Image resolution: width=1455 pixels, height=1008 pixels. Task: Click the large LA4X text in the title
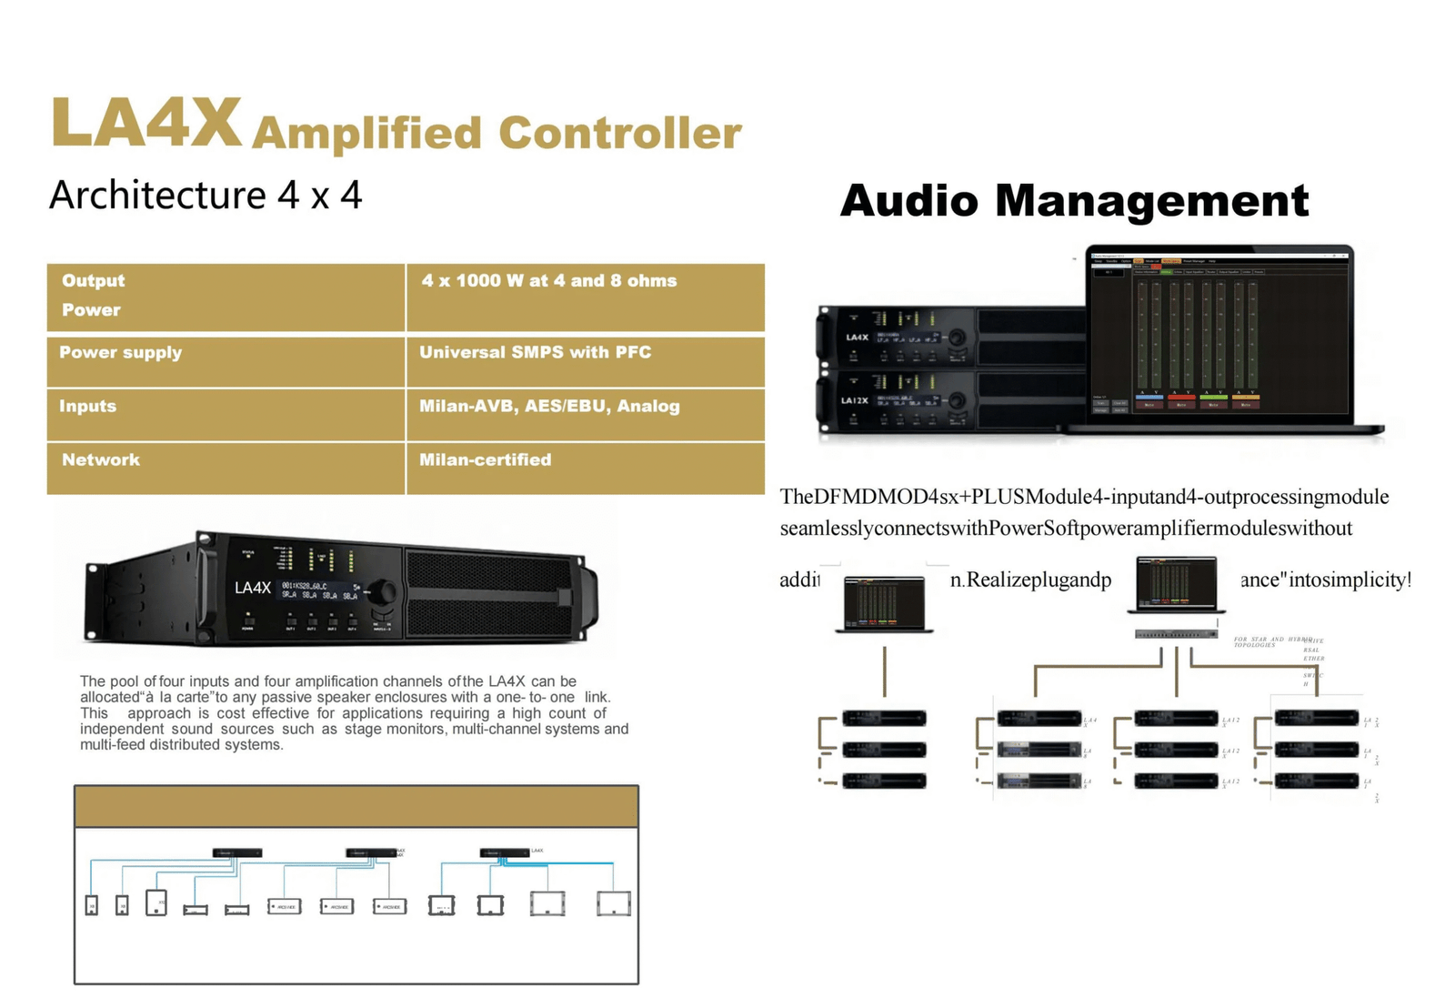[x=145, y=123]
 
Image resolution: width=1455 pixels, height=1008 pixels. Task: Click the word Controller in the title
[x=620, y=133]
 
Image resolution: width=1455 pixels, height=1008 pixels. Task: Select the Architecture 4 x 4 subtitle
[x=206, y=196]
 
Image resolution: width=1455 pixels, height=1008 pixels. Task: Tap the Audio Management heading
[x=1074, y=201]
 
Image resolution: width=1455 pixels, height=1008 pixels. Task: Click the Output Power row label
[x=93, y=295]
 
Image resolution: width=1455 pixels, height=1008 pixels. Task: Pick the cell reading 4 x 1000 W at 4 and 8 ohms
[x=548, y=281]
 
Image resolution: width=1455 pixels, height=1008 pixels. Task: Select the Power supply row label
[x=120, y=352]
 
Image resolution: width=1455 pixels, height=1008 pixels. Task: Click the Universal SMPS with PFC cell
[x=535, y=352]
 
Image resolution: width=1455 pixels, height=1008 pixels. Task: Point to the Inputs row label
[x=87, y=406]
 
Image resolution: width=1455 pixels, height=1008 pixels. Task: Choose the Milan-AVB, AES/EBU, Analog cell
[x=549, y=406]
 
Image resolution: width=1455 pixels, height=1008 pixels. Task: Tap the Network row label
[x=100, y=459]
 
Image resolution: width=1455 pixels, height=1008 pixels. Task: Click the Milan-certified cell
[x=485, y=459]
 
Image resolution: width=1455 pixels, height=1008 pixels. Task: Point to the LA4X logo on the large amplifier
[x=252, y=588]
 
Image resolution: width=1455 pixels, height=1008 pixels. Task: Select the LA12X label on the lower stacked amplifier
[x=854, y=400]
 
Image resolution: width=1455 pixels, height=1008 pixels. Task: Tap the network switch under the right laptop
[x=1176, y=634]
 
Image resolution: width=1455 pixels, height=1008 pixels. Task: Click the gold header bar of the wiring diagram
[x=356, y=807]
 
